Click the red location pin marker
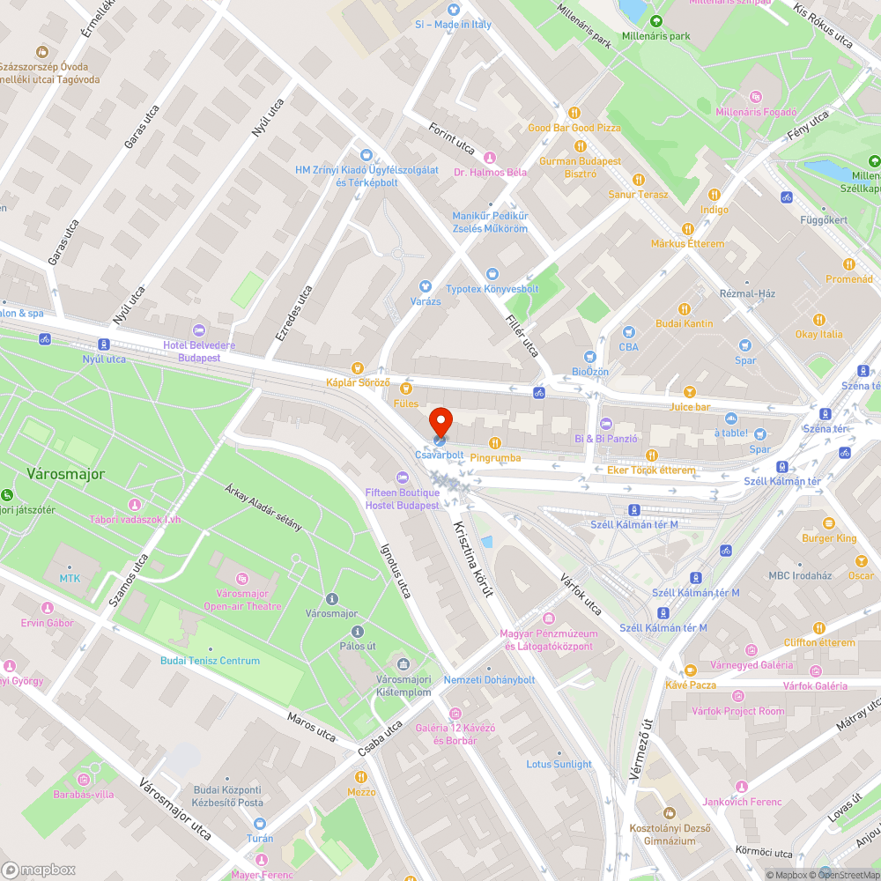(x=440, y=420)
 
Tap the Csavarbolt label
(x=439, y=455)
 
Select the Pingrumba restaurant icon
(x=495, y=442)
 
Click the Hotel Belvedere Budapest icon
(x=198, y=329)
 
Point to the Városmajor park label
(x=65, y=474)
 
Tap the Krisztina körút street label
(x=472, y=559)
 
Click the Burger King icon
(x=828, y=522)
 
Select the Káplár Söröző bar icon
(x=358, y=367)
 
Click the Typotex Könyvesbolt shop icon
(x=492, y=274)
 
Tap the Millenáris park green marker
(x=655, y=21)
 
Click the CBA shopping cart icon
(x=628, y=332)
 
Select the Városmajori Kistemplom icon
(x=403, y=663)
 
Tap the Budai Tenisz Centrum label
(x=210, y=661)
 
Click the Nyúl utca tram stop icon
(x=104, y=344)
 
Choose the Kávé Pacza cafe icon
(x=690, y=670)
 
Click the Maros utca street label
(x=312, y=726)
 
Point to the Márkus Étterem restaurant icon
(x=687, y=228)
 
